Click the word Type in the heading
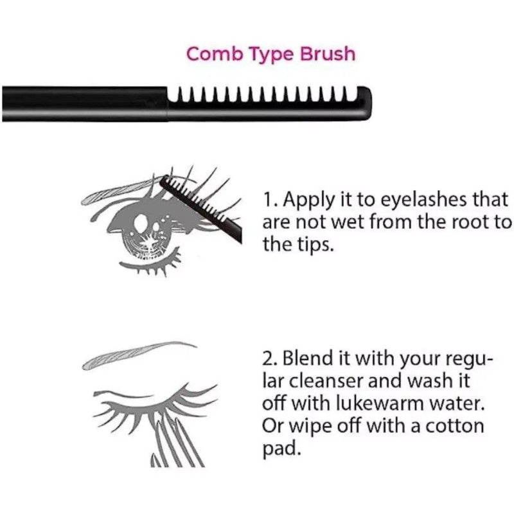[x=267, y=55]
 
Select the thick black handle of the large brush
[x=84, y=104]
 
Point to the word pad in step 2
[x=280, y=449]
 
